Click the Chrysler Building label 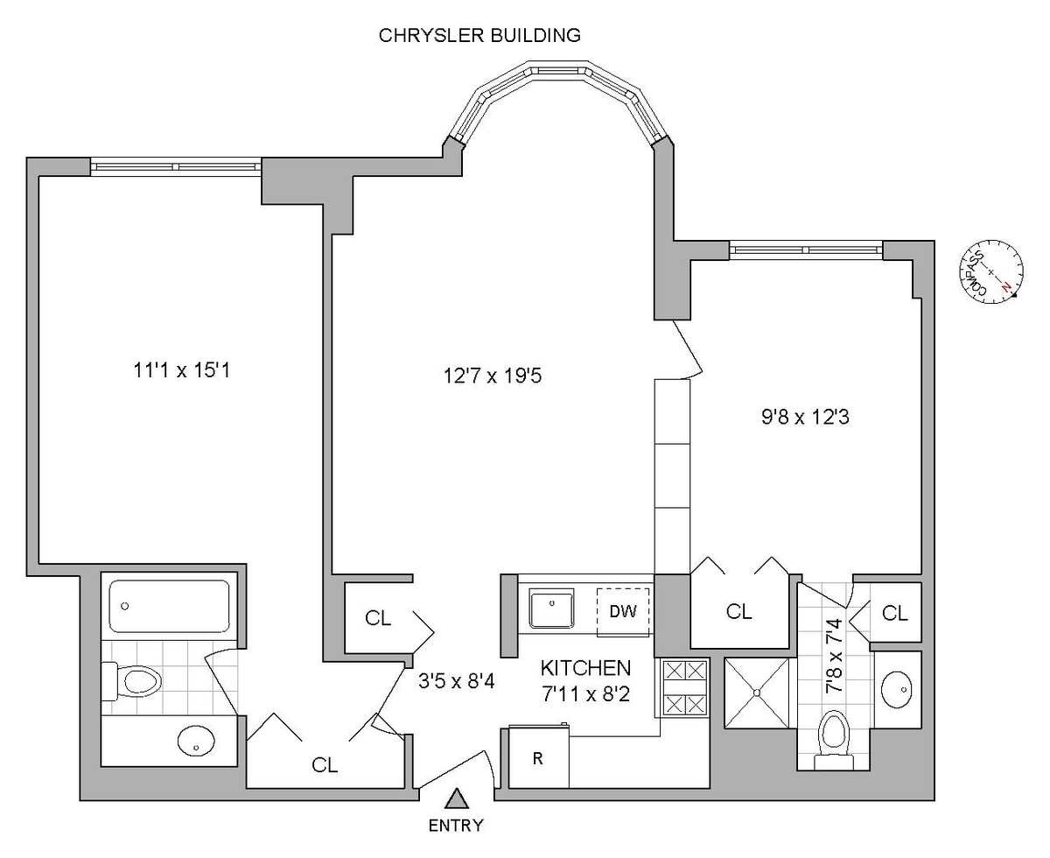click(479, 36)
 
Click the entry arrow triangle click(455, 798)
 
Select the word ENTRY click(455, 825)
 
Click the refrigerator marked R click(538, 757)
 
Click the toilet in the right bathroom click(832, 738)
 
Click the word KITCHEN click(585, 668)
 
